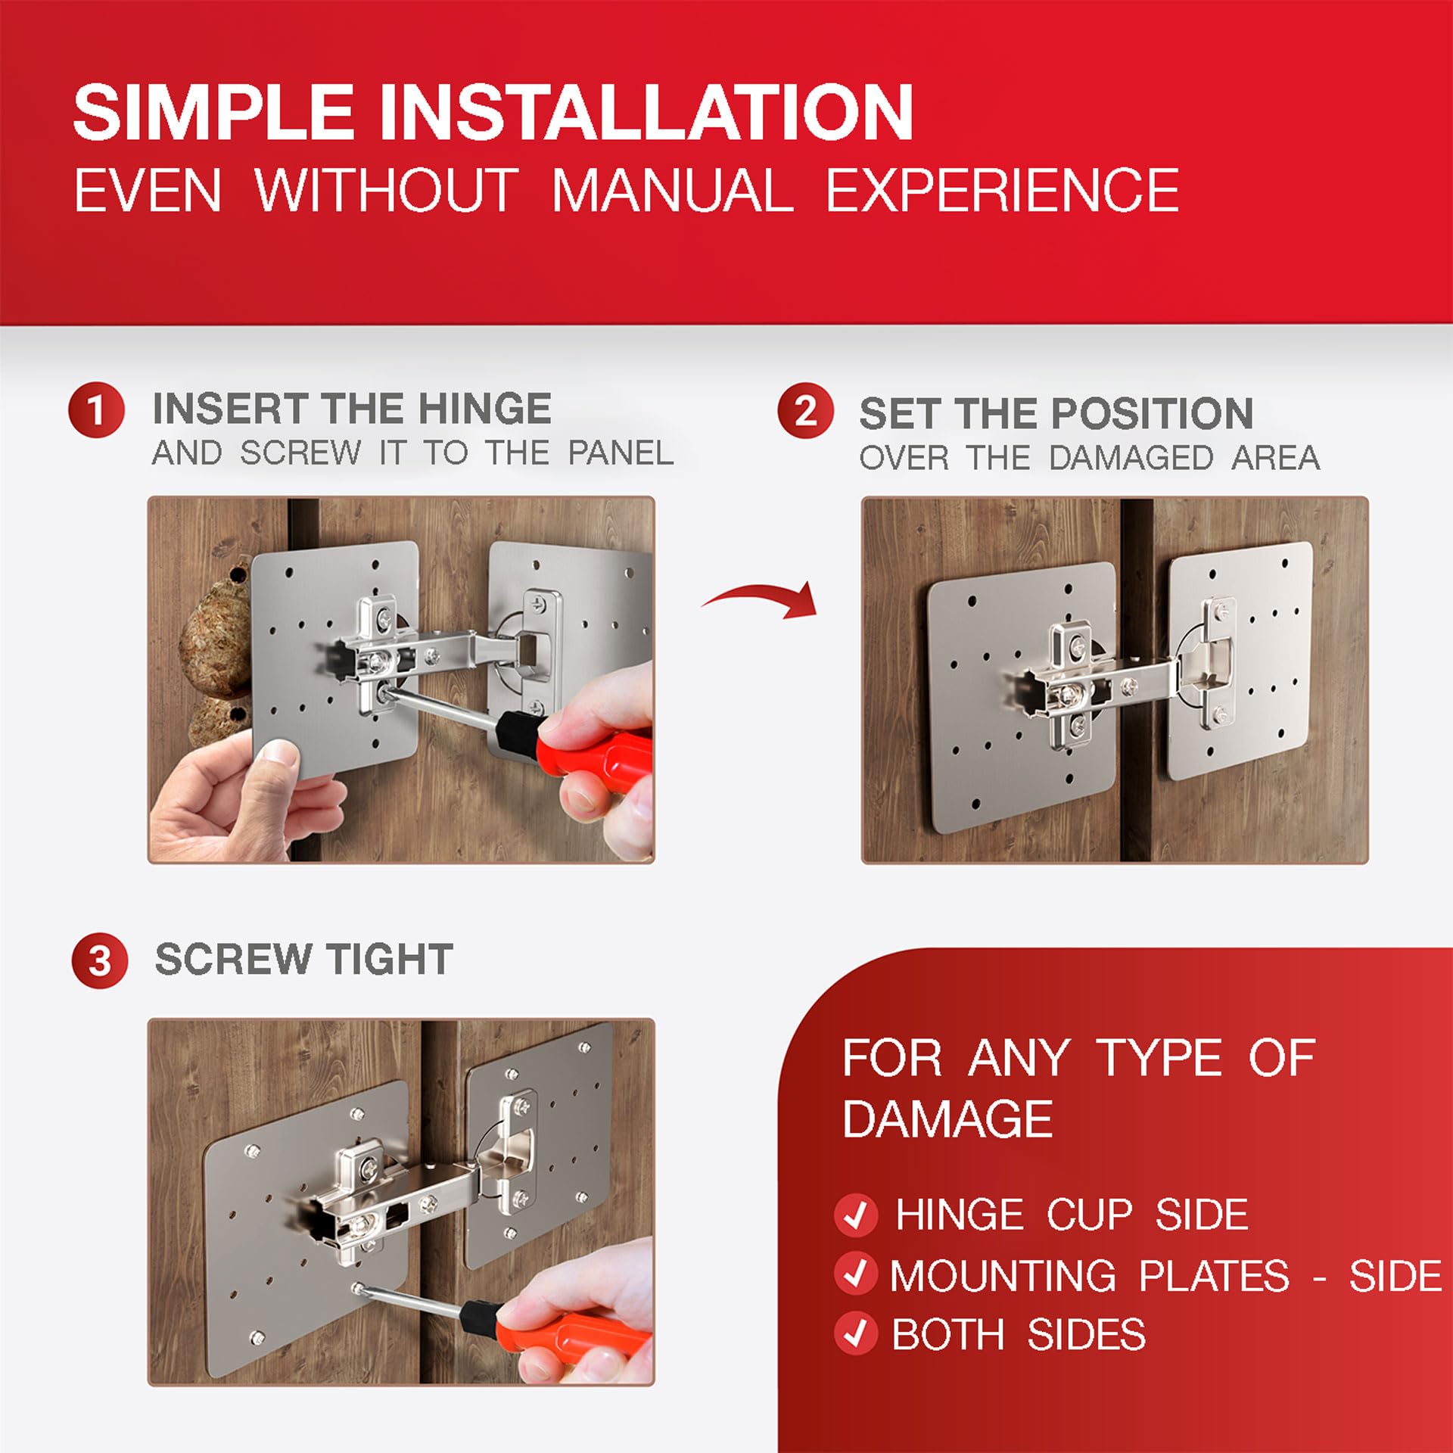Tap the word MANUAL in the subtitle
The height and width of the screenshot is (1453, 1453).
coord(673,191)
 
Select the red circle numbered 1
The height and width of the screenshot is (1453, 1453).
coord(96,409)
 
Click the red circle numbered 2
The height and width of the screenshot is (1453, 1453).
coord(805,411)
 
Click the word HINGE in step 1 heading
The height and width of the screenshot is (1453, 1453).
coord(485,409)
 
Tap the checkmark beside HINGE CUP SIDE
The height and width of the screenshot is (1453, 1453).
coord(856,1215)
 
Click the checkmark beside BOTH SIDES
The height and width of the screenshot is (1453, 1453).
coord(856,1333)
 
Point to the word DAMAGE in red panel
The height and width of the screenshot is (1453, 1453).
coord(947,1119)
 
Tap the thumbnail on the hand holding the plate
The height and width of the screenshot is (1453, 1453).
coord(278,753)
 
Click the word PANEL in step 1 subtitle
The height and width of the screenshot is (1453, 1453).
coord(621,453)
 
